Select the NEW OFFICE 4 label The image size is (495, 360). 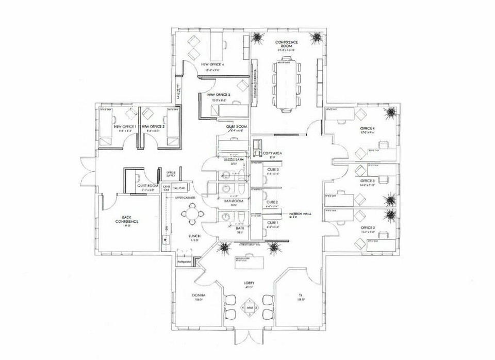click(213, 64)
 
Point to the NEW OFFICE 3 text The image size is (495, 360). click(219, 95)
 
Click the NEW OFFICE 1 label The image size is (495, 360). click(124, 126)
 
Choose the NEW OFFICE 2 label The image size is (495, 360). click(153, 126)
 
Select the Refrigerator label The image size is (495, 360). click(185, 262)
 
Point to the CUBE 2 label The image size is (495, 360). click(272, 202)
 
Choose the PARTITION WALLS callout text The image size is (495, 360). click(298, 215)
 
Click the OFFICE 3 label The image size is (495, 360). click(367, 181)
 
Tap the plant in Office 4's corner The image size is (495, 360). click(391, 112)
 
